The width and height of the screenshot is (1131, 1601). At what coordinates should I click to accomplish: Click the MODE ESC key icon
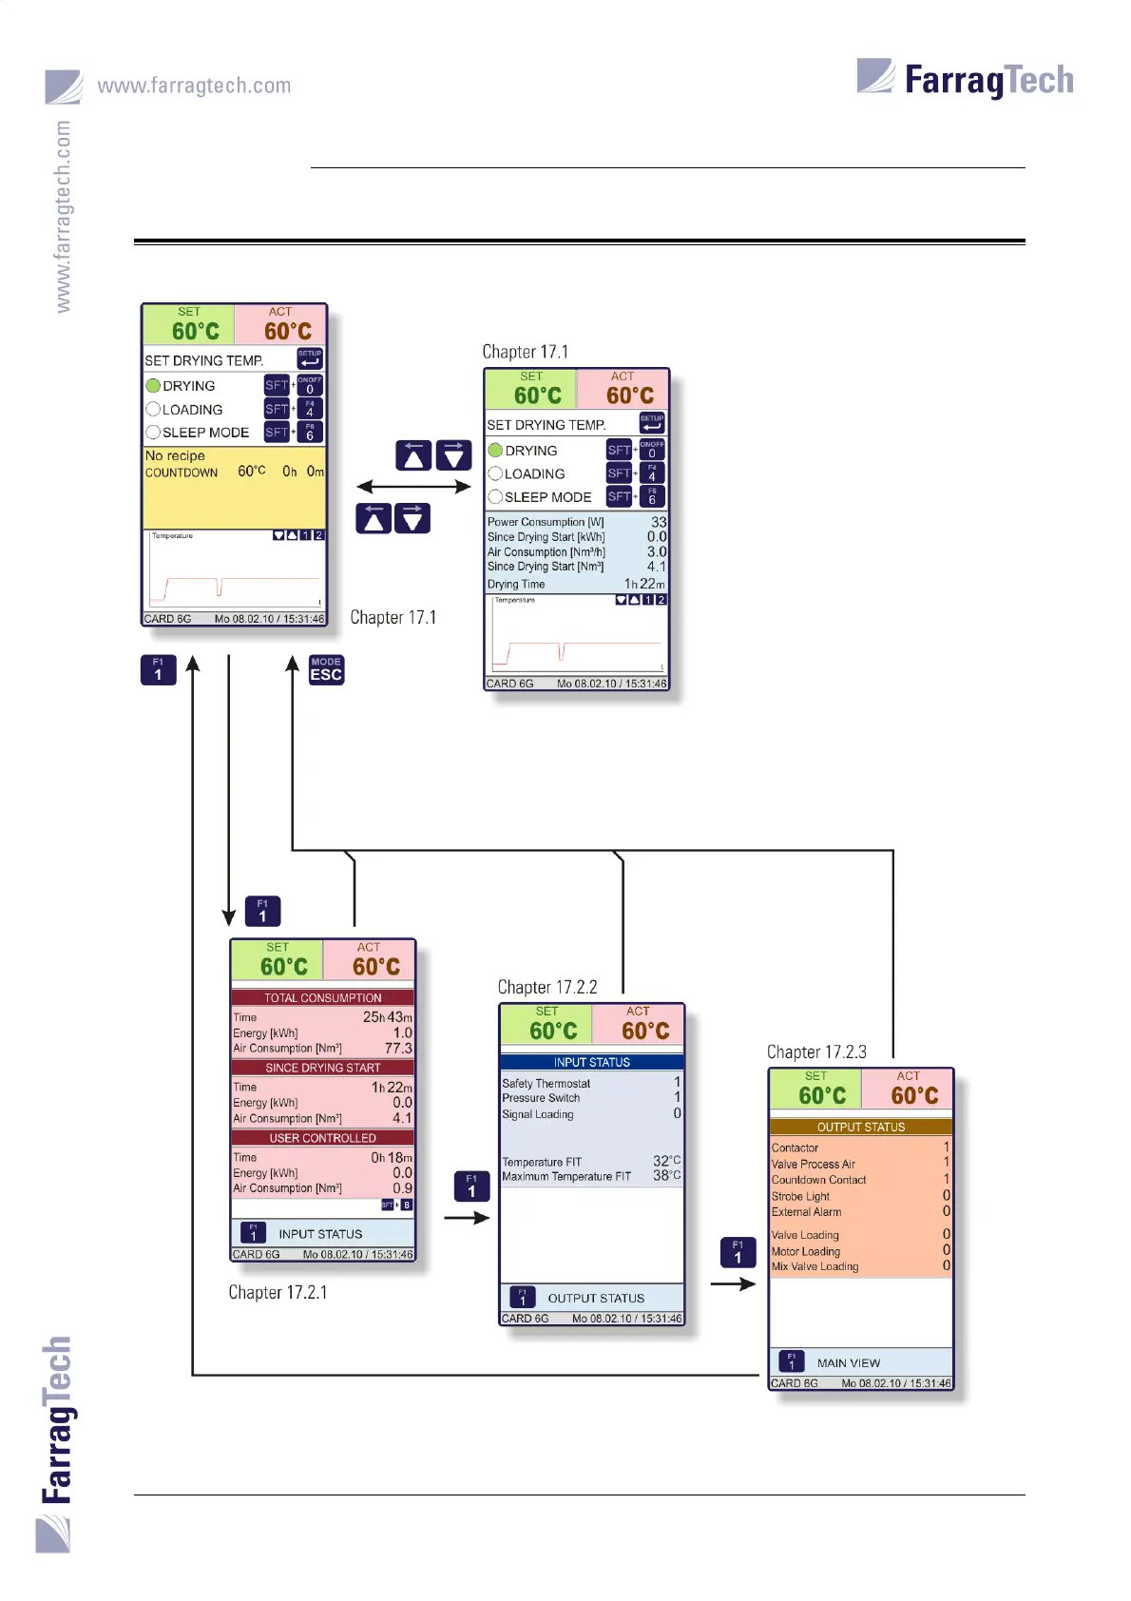[x=326, y=669]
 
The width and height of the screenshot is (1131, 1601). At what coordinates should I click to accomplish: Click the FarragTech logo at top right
[x=966, y=79]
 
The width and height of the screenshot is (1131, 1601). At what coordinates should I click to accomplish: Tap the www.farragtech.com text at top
[x=194, y=86]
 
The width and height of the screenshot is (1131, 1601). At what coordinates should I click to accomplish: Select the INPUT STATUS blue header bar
[x=591, y=1062]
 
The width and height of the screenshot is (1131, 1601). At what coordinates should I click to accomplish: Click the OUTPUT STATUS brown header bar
[x=860, y=1127]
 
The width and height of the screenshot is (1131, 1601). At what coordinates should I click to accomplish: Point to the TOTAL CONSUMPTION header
[x=322, y=997]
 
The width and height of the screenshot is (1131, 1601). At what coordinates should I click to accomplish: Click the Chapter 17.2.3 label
[x=816, y=1051]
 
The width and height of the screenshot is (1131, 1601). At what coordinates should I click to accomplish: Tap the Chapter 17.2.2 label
[x=547, y=987]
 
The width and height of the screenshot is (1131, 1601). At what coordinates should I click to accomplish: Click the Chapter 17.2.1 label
[x=278, y=1292]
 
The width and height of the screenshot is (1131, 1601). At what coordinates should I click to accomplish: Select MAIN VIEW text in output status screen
[x=848, y=1362]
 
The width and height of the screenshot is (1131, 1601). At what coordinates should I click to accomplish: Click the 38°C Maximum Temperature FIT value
[x=666, y=1176]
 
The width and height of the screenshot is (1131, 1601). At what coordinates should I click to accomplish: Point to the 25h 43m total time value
[x=388, y=1016]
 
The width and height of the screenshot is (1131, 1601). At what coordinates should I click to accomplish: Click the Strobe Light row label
[x=800, y=1196]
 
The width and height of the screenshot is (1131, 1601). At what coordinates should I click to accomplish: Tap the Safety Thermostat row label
[x=546, y=1083]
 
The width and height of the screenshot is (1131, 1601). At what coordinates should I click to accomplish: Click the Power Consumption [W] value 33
[x=659, y=522]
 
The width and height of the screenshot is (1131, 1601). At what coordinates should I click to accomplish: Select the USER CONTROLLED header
[x=322, y=1138]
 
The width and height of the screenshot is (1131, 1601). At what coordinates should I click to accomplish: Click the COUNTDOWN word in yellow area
[x=182, y=473]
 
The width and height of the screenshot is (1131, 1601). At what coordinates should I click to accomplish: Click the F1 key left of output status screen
[x=738, y=1251]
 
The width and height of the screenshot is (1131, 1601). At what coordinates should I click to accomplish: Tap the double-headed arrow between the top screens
[x=413, y=487]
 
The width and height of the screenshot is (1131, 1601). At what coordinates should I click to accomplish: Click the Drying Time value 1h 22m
[x=644, y=584]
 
